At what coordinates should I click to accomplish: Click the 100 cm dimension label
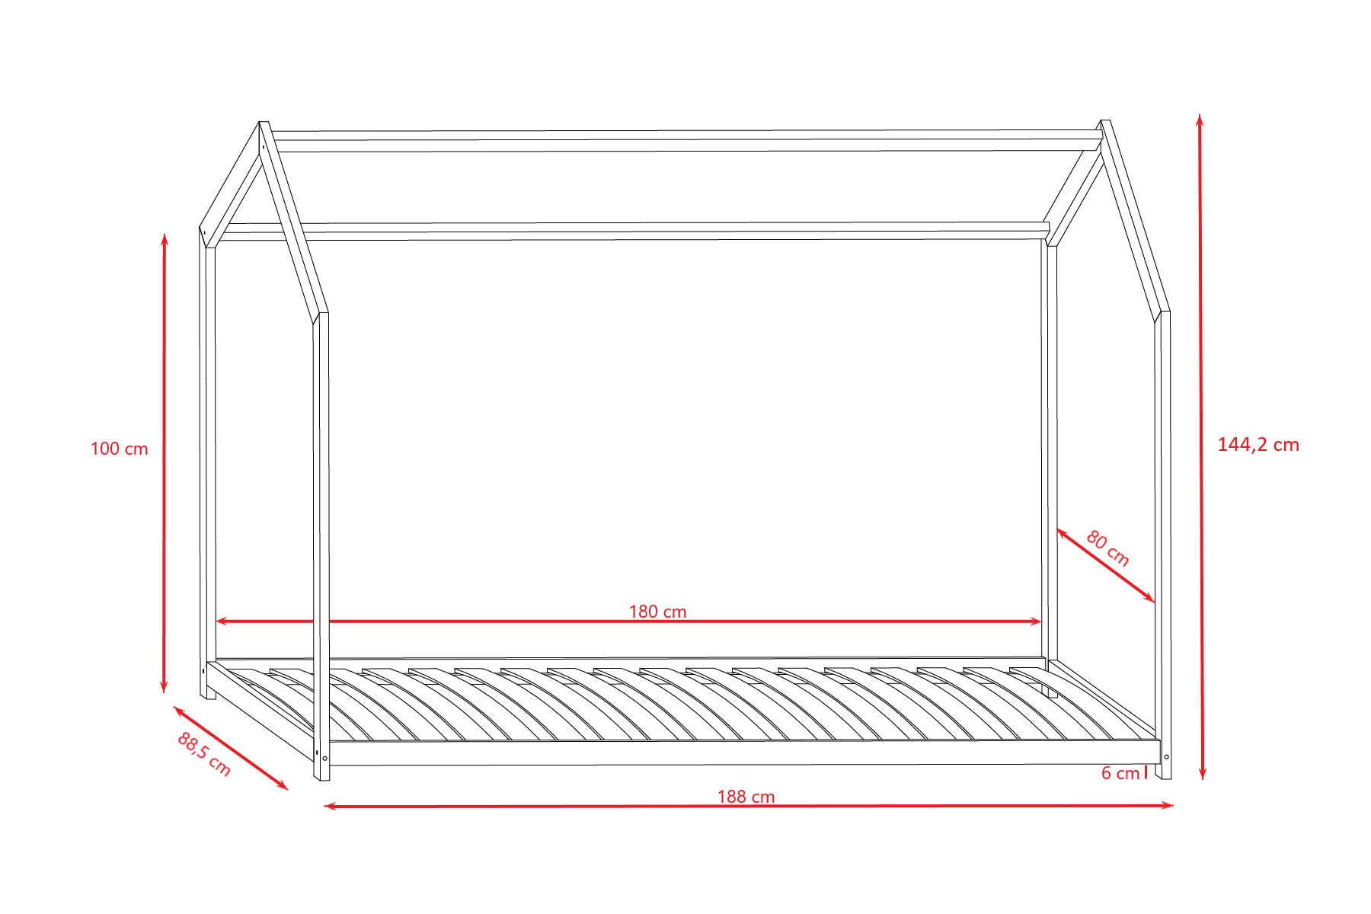[x=119, y=449]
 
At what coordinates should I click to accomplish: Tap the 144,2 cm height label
[x=1258, y=445]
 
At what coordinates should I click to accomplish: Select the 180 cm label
[x=658, y=612]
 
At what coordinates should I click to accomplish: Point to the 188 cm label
[x=746, y=797]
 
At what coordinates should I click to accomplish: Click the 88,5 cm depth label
[x=204, y=754]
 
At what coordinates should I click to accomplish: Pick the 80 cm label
[x=1107, y=548]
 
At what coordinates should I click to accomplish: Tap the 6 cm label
[x=1120, y=774]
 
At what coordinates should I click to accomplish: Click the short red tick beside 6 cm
[x=1146, y=773]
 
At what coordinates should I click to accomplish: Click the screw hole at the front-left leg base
[x=325, y=758]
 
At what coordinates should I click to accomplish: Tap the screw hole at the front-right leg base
[x=1166, y=757]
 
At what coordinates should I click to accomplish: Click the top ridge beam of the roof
[x=685, y=141]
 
